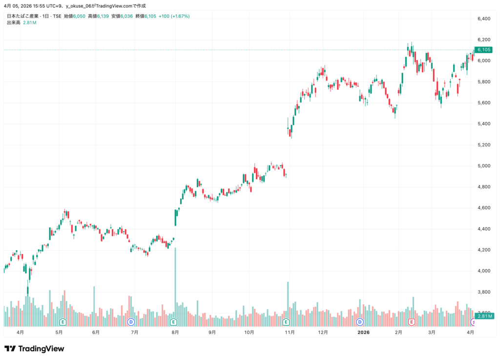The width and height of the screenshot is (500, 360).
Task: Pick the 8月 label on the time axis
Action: point(175,332)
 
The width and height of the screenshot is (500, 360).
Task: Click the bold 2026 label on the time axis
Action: point(363,332)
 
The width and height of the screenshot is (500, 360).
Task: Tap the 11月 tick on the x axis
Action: point(290,332)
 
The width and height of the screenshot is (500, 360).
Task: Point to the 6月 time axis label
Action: point(96,332)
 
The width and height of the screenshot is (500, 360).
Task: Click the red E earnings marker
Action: point(412,322)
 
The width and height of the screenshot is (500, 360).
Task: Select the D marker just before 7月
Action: point(131,322)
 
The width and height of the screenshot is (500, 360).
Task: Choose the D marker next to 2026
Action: point(360,322)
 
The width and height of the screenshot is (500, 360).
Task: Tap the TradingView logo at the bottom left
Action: point(34,349)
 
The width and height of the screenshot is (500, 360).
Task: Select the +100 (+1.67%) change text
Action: point(174,16)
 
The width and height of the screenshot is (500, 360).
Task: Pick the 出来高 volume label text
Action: point(13,22)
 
